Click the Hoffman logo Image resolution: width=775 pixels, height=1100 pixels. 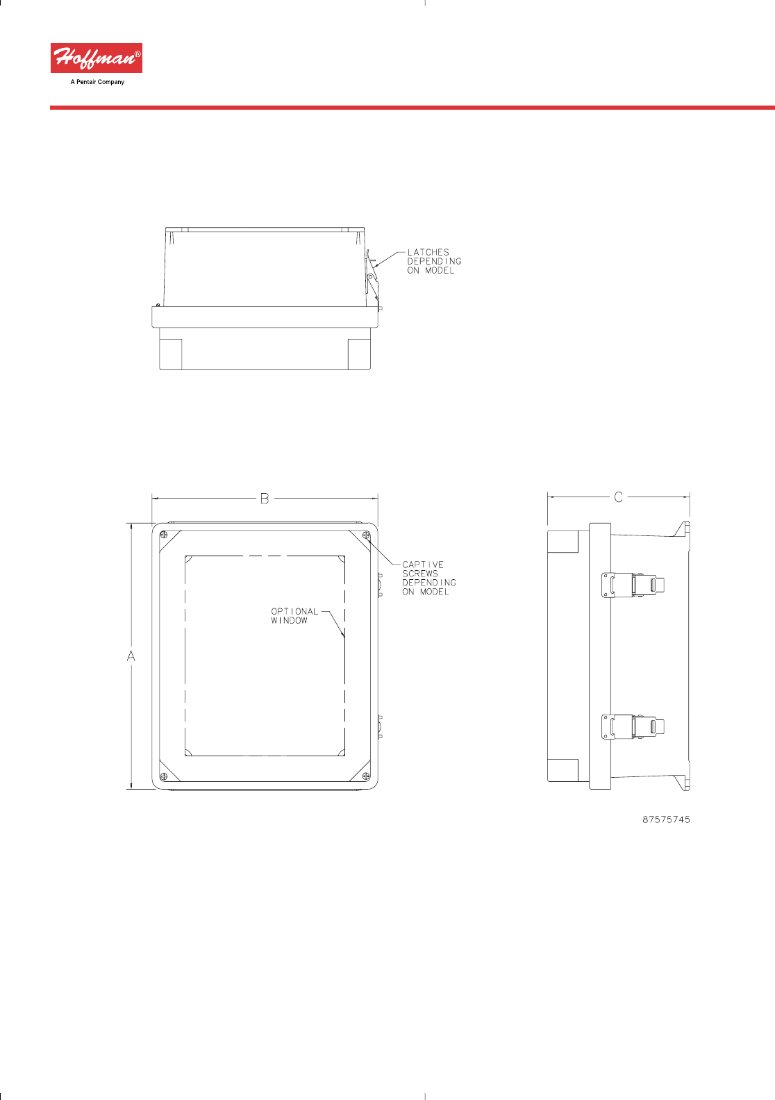[x=97, y=58]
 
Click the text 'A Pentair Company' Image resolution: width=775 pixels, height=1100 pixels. [x=97, y=82]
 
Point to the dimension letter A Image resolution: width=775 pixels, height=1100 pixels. [x=131, y=656]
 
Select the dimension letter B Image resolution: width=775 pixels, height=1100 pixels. [x=264, y=499]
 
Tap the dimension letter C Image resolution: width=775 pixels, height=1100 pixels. [x=618, y=497]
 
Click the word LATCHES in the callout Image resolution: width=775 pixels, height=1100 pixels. [x=428, y=252]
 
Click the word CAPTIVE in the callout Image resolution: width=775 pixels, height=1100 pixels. [x=423, y=565]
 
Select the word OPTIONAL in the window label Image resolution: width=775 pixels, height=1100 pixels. [x=294, y=611]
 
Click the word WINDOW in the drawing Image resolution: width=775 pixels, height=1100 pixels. [x=290, y=621]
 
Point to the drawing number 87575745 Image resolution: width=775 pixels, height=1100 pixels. [x=667, y=819]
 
